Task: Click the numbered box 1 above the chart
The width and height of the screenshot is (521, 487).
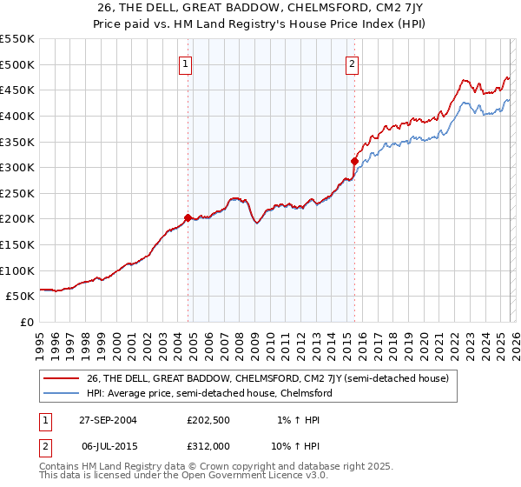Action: coord(188,63)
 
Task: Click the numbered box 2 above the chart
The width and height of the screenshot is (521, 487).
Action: coord(353,63)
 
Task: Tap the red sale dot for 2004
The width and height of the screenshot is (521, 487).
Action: coord(188,217)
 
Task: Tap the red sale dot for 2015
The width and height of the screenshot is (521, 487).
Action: coord(354,161)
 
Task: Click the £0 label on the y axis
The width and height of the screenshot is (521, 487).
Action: coord(26,322)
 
